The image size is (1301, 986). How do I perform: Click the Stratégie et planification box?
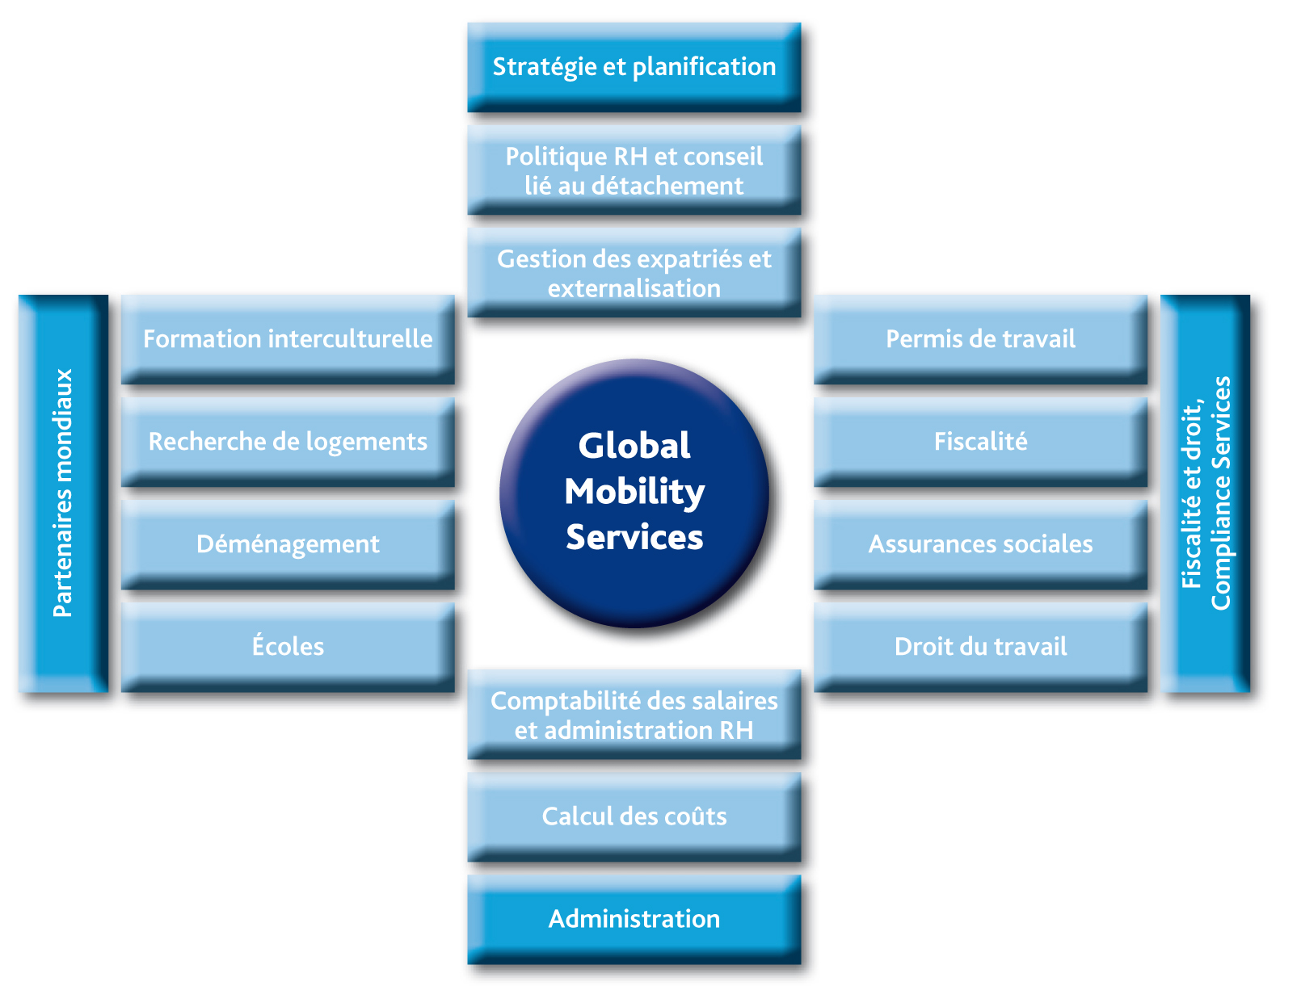[634, 66]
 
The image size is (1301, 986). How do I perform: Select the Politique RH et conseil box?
[634, 170]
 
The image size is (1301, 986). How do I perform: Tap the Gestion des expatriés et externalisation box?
[634, 273]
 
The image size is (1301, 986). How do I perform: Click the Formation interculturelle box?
[288, 339]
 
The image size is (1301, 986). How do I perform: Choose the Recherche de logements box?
[288, 442]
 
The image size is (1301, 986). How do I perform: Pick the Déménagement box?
[288, 544]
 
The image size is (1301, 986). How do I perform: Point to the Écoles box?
[288, 647]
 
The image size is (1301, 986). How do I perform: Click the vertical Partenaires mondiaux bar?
[63, 493]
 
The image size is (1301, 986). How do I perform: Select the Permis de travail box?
[980, 339]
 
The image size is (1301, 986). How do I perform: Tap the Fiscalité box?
[980, 442]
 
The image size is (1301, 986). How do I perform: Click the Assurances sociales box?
[980, 544]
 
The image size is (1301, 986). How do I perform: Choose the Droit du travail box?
[980, 647]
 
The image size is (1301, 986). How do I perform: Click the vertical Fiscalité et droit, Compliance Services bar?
[1205, 493]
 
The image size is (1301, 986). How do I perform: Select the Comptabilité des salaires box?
[634, 715]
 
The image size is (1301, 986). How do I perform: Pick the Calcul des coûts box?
[634, 816]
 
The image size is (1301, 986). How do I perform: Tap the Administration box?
[634, 919]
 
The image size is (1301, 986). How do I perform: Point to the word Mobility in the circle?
[634, 492]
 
